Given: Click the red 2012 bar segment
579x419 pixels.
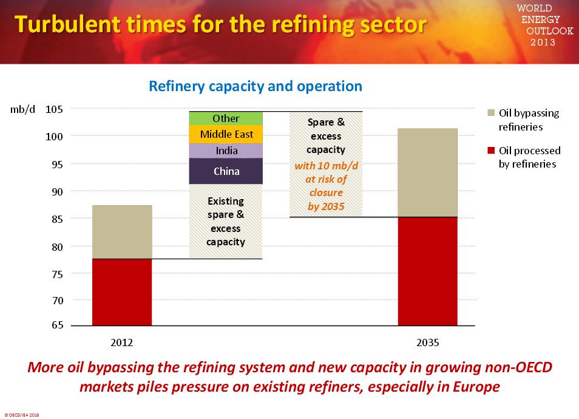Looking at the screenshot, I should coord(122,292).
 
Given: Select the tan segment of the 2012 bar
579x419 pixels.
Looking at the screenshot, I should coord(122,232).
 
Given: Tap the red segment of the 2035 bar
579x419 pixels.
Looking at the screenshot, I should coord(427,271).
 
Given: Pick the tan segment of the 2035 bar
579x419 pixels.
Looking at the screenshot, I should coord(427,172).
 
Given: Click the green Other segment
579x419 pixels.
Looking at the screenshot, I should coord(226,118).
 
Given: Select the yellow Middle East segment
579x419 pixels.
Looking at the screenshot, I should coord(226,134).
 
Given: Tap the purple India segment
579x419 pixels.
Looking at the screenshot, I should coord(226,151).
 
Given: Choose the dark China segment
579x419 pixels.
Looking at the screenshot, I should coord(226,171).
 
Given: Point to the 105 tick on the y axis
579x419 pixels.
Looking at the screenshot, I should coord(54,109).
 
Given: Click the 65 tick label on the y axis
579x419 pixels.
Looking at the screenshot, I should coord(56,325).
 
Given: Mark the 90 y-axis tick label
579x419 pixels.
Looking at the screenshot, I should coord(56,191).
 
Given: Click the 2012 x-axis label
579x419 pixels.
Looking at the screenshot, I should coord(121,342).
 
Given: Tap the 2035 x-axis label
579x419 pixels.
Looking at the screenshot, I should coord(427,342).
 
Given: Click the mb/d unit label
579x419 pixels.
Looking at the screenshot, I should coord(23,109).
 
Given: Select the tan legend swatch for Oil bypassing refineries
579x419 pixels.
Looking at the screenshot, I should coord(492,113).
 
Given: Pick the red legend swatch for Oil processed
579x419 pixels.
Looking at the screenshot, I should coord(492,151).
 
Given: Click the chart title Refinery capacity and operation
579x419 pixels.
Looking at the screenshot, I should coord(256,86).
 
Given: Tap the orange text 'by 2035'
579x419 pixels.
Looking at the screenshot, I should coord(325,206).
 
